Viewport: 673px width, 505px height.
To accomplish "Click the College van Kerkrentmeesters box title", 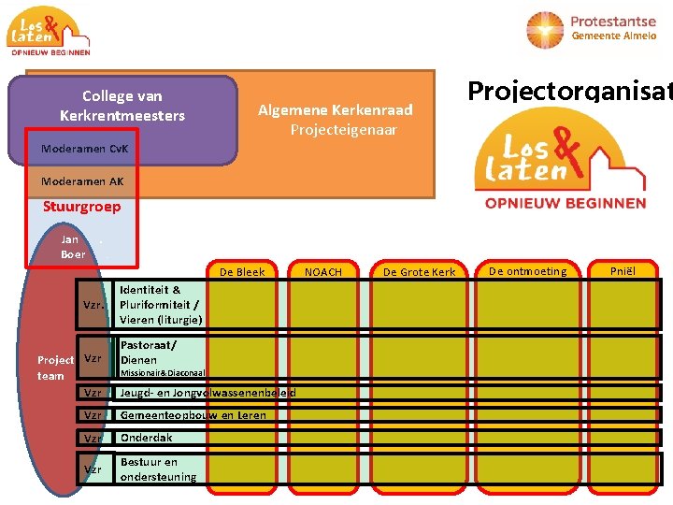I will pyautogui.click(x=122, y=106).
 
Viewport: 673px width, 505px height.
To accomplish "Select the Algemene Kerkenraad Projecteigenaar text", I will pyautogui.click(x=335, y=120).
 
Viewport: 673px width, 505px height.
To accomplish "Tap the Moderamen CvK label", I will pyautogui.click(x=85, y=149).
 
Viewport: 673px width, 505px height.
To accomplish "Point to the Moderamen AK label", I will pyautogui.click(x=82, y=181).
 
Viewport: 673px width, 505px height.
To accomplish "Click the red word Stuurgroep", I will pyautogui.click(x=82, y=207).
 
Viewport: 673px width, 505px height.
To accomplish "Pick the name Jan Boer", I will pyautogui.click(x=72, y=247).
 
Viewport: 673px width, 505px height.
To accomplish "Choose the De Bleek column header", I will pyautogui.click(x=242, y=272).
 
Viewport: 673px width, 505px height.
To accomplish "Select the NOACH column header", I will pyautogui.click(x=323, y=272).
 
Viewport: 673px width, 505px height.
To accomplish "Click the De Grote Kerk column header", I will pyautogui.click(x=419, y=272).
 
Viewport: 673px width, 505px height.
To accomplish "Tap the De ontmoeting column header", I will pyautogui.click(x=528, y=271).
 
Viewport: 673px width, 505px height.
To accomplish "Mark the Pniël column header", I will pyautogui.click(x=622, y=271).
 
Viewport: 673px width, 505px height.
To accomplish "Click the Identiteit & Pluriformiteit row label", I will pyautogui.click(x=160, y=305).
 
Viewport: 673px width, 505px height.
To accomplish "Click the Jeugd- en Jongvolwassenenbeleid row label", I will pyautogui.click(x=208, y=393).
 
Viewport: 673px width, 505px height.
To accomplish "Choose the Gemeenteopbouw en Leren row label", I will pyautogui.click(x=193, y=415).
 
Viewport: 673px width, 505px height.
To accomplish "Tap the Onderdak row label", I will pyautogui.click(x=146, y=438).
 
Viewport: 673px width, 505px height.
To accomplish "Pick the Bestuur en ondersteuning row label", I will pyautogui.click(x=158, y=469).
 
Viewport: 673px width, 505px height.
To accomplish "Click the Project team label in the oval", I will pyautogui.click(x=54, y=368).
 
